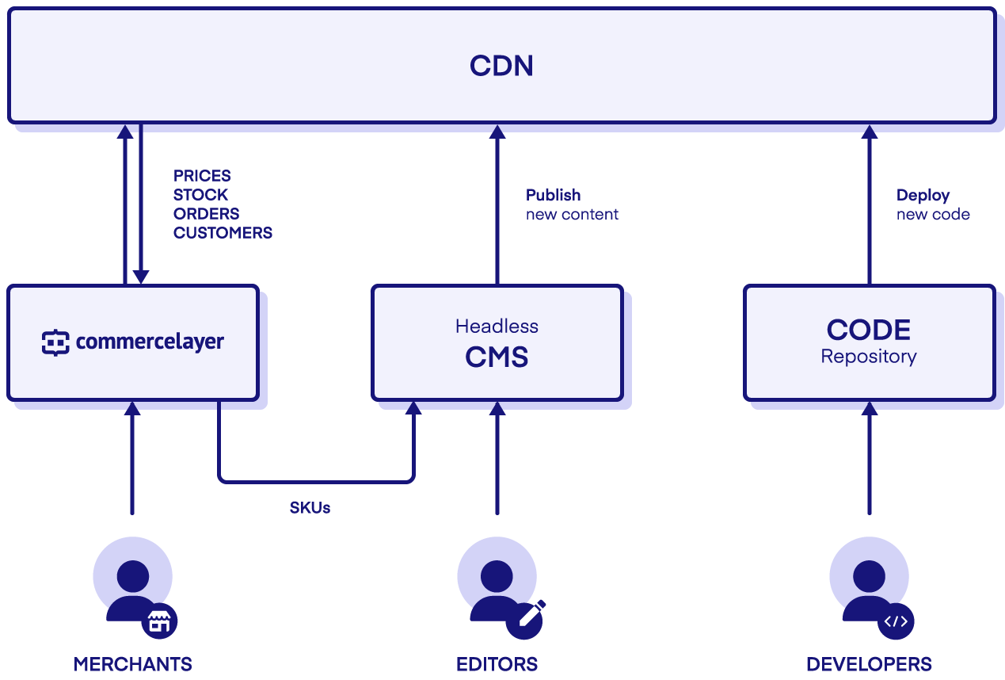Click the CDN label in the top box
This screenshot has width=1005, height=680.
pos(501,65)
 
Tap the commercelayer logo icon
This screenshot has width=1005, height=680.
pos(55,342)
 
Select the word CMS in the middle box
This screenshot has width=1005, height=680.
pos(497,357)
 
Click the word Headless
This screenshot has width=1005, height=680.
pos(497,326)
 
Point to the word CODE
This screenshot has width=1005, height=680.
pos(868,330)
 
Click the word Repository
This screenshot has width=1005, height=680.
pos(868,357)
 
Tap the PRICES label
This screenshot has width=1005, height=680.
pos(202,176)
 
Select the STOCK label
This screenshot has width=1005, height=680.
pos(200,195)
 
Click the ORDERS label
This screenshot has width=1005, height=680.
pos(206,214)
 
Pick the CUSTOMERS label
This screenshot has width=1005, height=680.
pos(223,233)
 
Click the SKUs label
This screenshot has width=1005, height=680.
pos(310,508)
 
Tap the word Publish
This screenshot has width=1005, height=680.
pos(553,195)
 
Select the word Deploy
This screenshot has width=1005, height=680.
pos(923,195)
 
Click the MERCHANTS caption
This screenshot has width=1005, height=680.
pos(132,664)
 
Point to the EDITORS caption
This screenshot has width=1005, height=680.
pos(497,664)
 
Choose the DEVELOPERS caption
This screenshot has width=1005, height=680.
pos(869,664)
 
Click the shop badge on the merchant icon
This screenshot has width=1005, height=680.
pos(159,621)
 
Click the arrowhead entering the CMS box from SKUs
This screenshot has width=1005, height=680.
pos(413,407)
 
